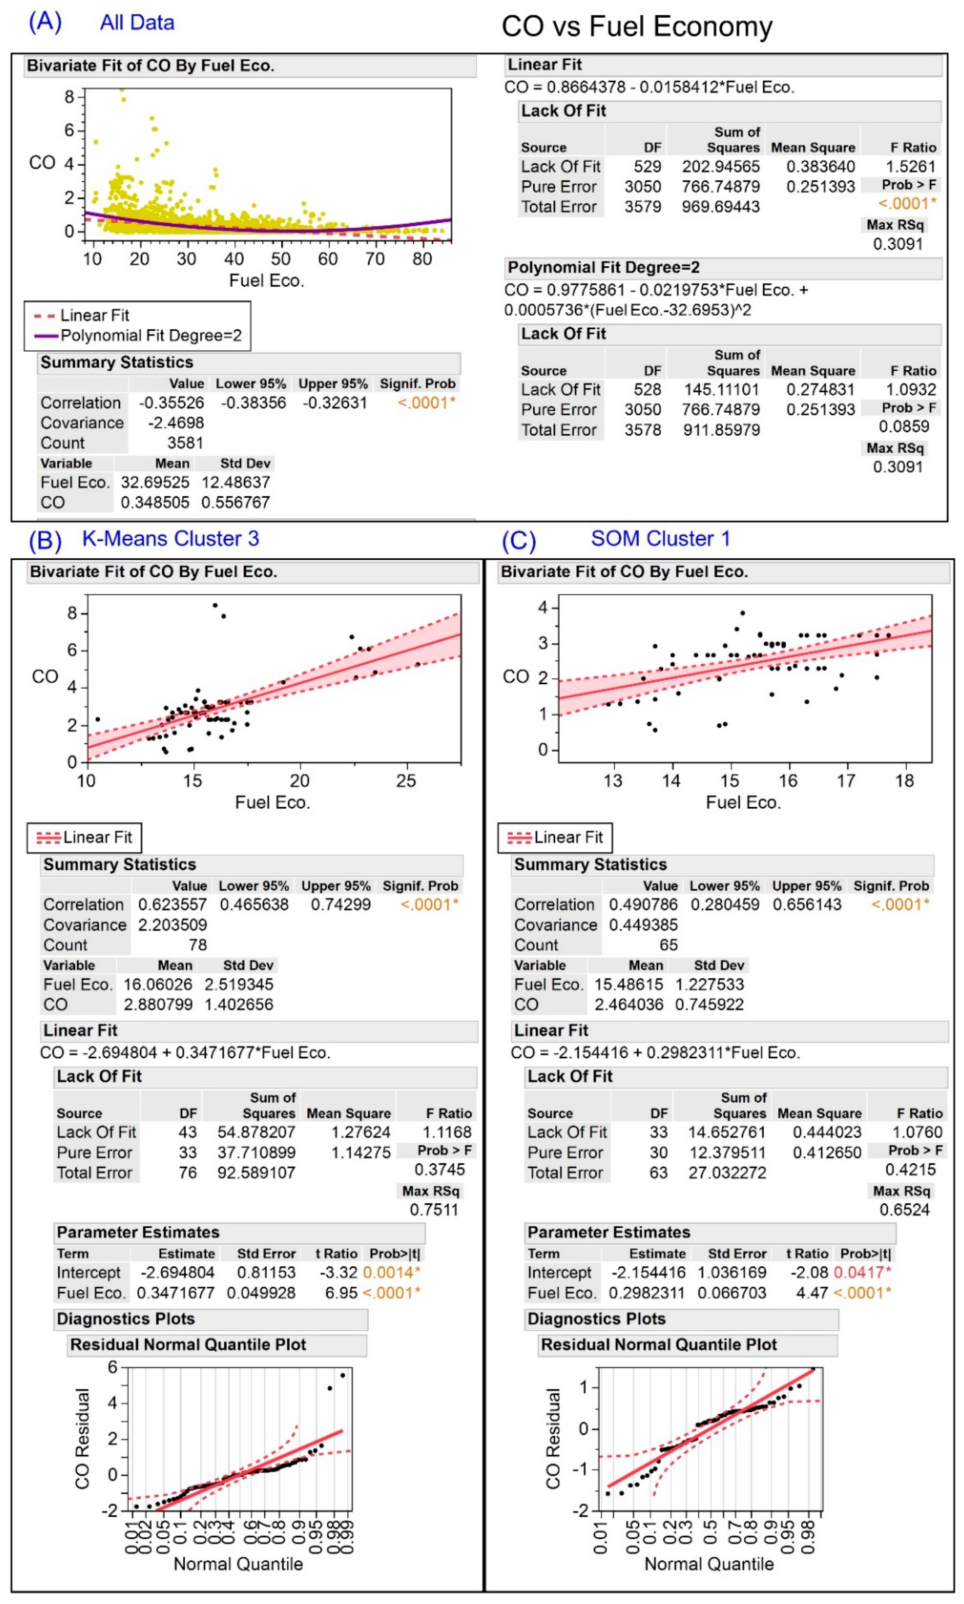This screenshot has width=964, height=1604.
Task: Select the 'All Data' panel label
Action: (137, 23)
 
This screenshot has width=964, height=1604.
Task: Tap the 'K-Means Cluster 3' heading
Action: (170, 539)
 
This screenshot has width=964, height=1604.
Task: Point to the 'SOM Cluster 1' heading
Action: (660, 539)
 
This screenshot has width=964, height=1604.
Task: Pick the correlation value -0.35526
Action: (172, 403)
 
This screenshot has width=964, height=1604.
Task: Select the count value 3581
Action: (185, 443)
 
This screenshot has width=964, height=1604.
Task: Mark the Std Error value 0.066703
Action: (732, 1293)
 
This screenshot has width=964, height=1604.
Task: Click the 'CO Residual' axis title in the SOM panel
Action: (553, 1438)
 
